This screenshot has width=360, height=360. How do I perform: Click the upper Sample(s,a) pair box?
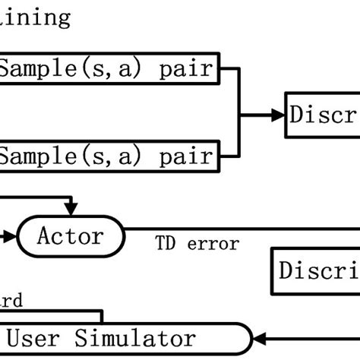point(110,70)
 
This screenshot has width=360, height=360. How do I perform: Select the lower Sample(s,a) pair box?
point(110,156)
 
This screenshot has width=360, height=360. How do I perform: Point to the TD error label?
point(197,244)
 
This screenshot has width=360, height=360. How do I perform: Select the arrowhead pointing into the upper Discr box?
point(278,115)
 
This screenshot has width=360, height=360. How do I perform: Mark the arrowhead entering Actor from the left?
point(10,236)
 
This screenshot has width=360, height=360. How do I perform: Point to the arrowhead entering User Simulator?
point(260,338)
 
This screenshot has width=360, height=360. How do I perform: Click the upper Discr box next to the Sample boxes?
point(322,115)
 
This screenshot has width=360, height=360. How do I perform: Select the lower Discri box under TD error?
point(316,271)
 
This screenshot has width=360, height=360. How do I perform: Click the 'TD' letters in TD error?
point(166,244)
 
